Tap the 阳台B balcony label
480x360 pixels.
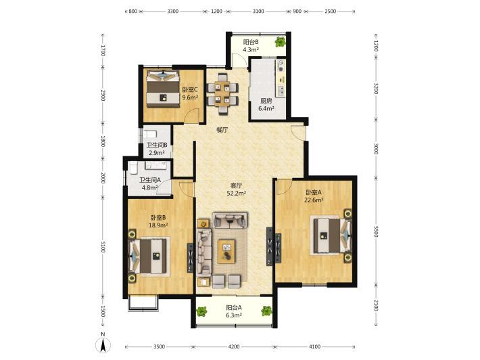[251, 42]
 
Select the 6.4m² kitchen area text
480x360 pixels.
[266, 108]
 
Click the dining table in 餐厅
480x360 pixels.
[222, 93]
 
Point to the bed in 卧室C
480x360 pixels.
[162, 89]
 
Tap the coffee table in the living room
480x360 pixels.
[226, 252]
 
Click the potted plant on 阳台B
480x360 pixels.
[280, 41]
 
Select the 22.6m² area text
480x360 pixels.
[314, 200]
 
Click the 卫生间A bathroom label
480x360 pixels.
[150, 181]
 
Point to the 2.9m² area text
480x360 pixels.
[157, 152]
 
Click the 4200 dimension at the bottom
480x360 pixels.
[234, 346]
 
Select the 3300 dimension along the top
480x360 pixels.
[172, 12]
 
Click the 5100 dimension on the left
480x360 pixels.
[103, 247]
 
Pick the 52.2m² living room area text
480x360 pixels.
[237, 193]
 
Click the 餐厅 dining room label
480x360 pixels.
[222, 130]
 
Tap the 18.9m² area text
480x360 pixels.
[158, 225]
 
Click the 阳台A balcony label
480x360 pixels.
[234, 307]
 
